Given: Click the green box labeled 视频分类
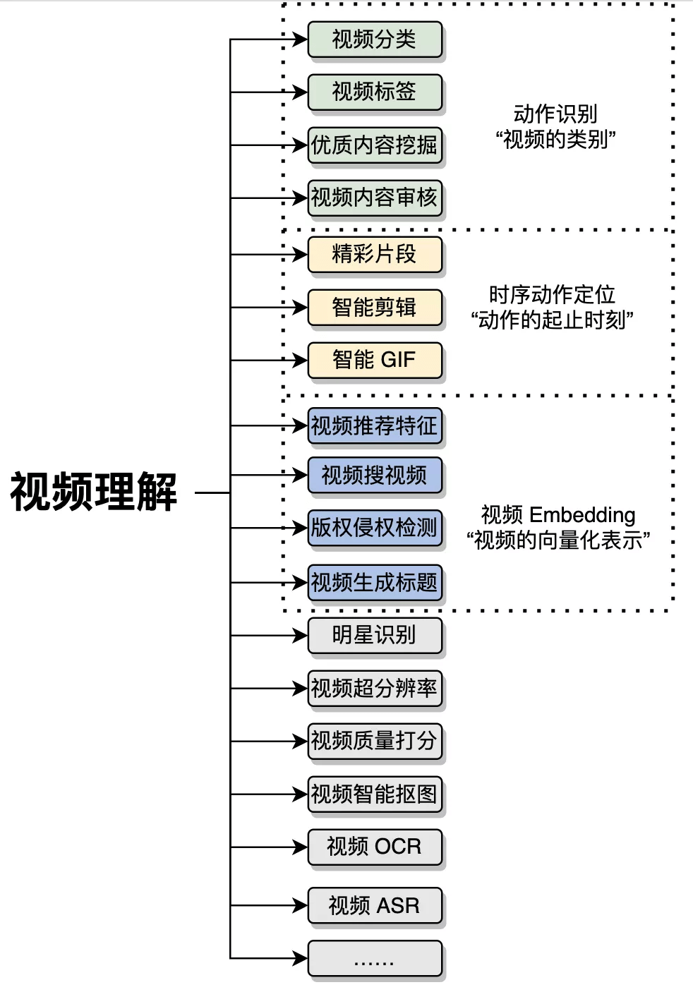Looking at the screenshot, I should (374, 40).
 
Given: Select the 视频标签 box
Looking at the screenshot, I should (374, 92).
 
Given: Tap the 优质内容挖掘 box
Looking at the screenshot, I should (374, 145).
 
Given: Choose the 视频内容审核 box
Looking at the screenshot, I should (374, 198).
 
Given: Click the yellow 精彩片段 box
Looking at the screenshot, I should (374, 254).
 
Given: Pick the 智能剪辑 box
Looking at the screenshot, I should (374, 308).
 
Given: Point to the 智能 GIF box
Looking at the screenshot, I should (374, 360).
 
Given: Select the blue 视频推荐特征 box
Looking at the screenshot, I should (374, 426).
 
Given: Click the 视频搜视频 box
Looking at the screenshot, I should (374, 476).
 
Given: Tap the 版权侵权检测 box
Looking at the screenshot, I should (374, 528).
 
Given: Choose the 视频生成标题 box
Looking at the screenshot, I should (374, 583).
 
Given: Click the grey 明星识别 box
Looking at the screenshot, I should (374, 636).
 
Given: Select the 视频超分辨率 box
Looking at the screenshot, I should (374, 688).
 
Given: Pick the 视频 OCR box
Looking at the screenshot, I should (374, 847).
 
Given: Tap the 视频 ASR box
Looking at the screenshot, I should (374, 905).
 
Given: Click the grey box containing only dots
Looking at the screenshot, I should (374, 958).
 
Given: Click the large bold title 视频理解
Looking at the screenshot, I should (93, 492).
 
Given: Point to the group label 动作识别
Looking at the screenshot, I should (555, 114).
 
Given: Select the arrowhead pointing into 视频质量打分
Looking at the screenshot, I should (301, 741).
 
